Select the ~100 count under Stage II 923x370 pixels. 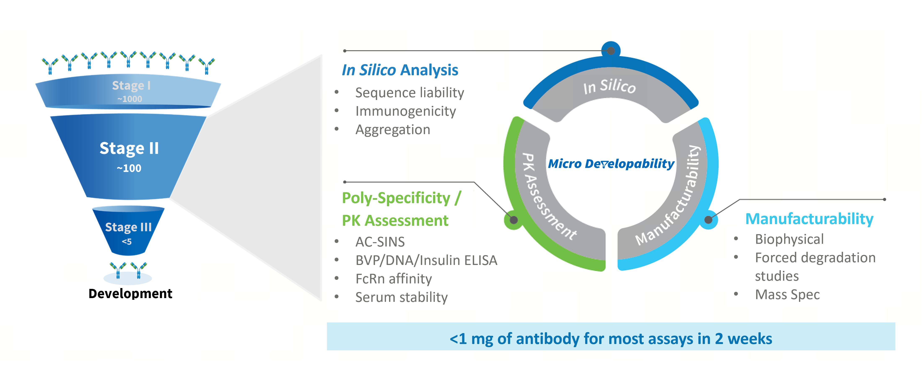pos(129,168)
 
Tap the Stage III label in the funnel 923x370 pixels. pos(128,227)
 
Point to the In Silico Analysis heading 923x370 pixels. pos(400,70)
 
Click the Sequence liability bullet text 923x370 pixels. pos(409,93)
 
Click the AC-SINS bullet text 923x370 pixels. pos(380,242)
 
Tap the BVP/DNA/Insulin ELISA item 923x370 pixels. pos(426,260)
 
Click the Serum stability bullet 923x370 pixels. pos(401,297)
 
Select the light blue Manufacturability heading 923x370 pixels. pos(809,219)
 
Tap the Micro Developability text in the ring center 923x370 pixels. pos(611,164)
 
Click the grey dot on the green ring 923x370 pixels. pos(514,220)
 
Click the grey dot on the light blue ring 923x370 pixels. pos(708,220)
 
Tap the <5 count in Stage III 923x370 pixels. pos(127,242)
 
